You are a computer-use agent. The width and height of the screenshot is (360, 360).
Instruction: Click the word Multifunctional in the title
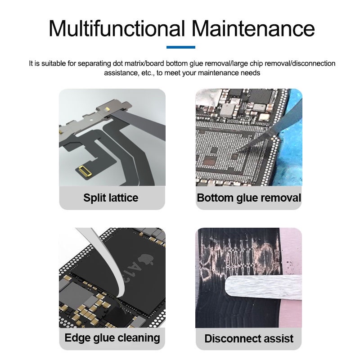coord(117,28)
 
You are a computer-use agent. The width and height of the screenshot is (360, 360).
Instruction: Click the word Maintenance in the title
coord(253,28)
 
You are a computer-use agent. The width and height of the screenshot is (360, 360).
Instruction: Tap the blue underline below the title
coord(181,47)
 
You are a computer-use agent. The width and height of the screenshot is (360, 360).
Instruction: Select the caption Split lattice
coord(111,198)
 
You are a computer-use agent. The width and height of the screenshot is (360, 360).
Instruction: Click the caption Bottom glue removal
coord(249,198)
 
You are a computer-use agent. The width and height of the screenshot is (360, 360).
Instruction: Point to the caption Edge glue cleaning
coord(112,338)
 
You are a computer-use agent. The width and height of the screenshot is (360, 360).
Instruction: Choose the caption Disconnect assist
coord(249,338)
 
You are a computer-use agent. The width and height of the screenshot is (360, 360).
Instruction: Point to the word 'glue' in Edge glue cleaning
coord(103,338)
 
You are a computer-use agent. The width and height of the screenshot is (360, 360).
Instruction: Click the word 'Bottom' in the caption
coord(215,198)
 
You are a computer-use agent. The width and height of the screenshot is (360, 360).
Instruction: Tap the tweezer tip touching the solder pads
coord(238,150)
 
